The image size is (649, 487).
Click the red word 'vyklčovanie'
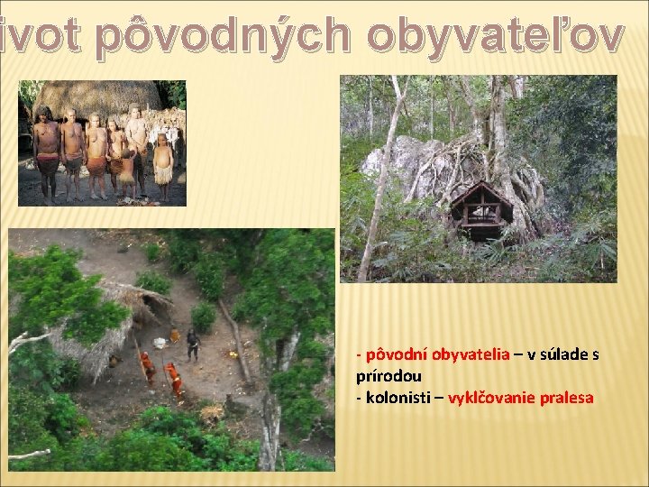tap(489, 397)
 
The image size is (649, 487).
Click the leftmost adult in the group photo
tap(45, 149)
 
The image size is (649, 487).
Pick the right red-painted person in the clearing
tap(175, 379)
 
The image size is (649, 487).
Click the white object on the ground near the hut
tap(160, 343)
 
